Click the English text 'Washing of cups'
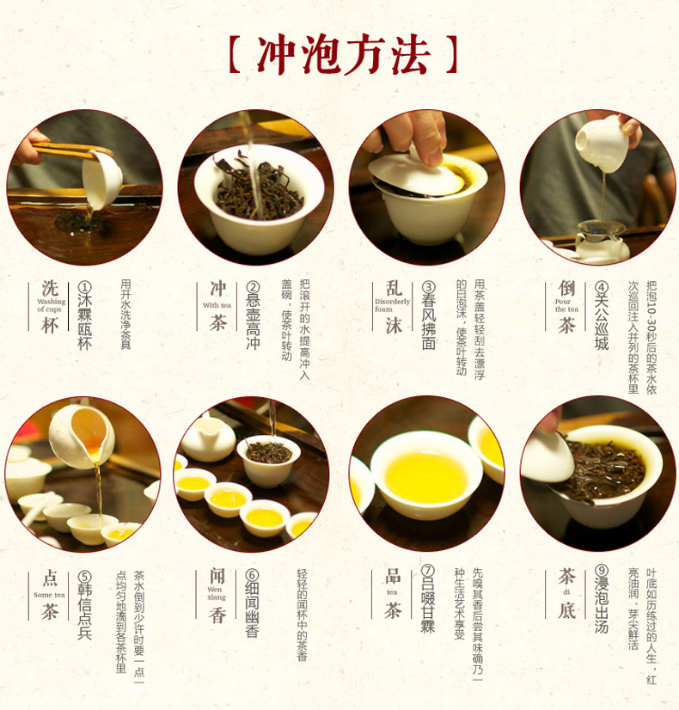click(x=51, y=305)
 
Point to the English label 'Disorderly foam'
click(x=393, y=305)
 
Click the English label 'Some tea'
click(x=50, y=595)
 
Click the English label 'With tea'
click(x=217, y=305)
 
